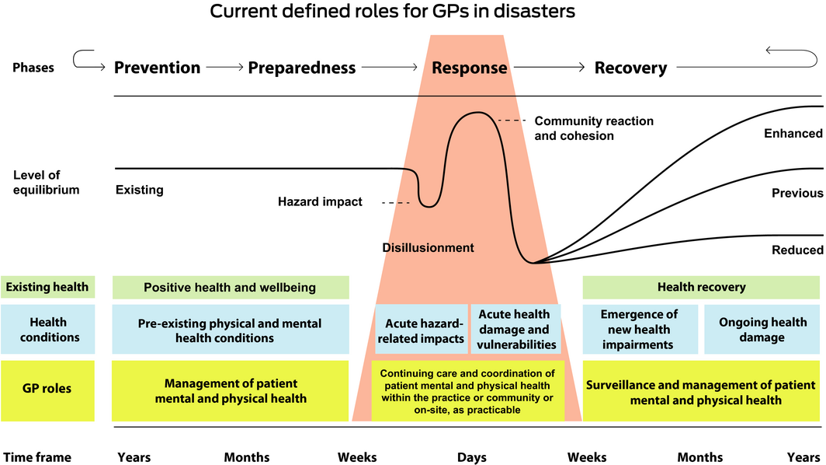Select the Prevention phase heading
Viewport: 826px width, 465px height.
[157, 68]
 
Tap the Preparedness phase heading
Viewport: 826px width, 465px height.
[302, 68]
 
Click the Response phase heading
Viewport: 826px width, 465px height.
[469, 68]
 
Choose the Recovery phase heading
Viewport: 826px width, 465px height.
[630, 68]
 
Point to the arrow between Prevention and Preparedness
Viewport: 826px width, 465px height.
[224, 68]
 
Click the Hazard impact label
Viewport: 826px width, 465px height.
[320, 202]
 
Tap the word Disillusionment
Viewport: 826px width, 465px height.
[428, 248]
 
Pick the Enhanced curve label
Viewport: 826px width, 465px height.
[793, 134]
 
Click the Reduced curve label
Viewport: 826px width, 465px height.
[797, 250]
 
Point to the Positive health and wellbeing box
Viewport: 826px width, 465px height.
[230, 288]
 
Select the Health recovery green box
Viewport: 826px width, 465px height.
[701, 288]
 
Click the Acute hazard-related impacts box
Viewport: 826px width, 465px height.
[422, 330]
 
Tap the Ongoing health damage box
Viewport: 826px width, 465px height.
[762, 330]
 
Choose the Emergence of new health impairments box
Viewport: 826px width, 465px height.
[639, 330]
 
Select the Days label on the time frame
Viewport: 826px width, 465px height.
[471, 457]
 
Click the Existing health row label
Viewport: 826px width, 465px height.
[47, 288]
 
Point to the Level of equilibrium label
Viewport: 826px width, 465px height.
[47, 182]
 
